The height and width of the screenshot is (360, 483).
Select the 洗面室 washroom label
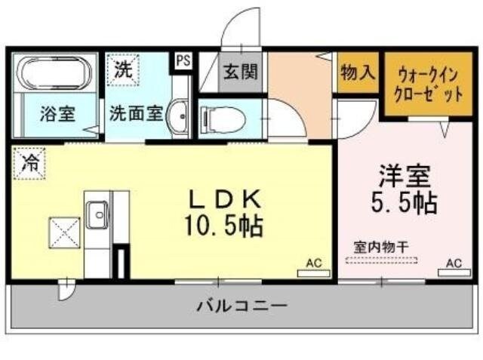136,115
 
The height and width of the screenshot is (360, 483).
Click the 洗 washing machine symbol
122,70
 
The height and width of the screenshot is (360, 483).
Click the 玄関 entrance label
240,72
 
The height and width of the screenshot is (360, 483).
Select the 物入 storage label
357,73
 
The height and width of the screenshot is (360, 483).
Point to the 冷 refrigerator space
29,162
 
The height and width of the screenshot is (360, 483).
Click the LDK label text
225,200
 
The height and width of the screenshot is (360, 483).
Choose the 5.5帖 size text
406,203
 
